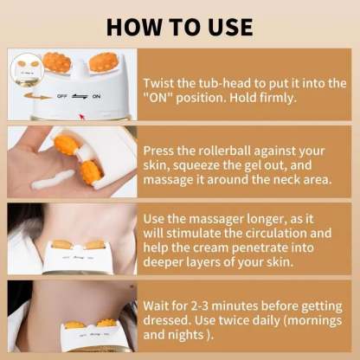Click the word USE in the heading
pos(225,25)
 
